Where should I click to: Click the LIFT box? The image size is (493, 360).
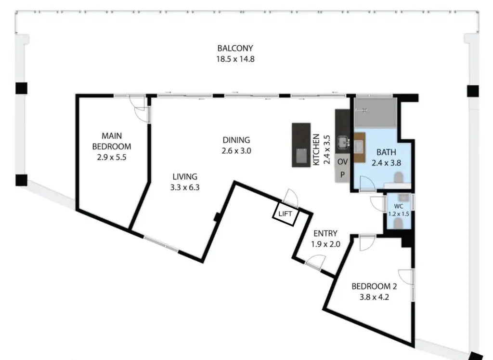point(285,214)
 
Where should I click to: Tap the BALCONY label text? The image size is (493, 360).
point(235,49)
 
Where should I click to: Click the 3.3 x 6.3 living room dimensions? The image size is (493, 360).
point(184,187)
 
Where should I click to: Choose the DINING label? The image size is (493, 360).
point(236,140)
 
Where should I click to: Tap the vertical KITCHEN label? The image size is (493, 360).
point(317,150)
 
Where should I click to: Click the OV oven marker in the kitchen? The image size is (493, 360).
point(342,161)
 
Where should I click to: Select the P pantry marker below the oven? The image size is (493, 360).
point(342,174)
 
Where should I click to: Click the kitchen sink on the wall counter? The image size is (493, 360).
point(343,142)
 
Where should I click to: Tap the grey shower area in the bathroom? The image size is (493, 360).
point(375,113)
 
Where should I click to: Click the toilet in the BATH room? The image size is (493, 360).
point(399,179)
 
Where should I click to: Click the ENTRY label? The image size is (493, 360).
point(326,233)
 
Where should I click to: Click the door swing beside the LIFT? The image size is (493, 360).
point(290,198)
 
